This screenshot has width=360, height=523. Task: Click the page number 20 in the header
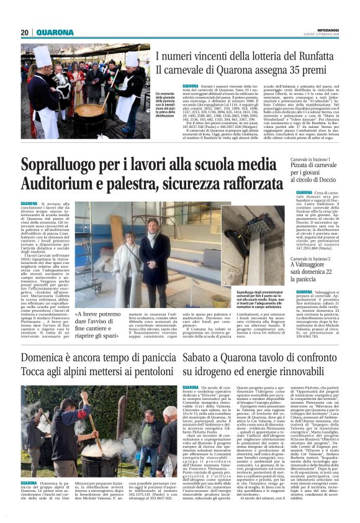click(25, 32)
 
